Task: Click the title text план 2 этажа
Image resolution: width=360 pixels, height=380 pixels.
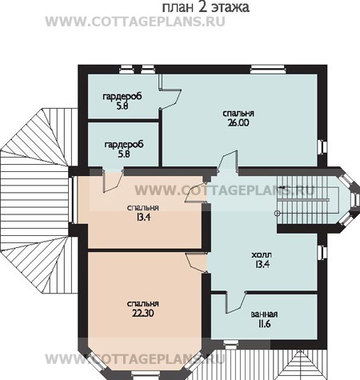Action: pyautogui.click(x=206, y=7)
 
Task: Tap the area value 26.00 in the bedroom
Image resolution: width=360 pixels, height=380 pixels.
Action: pyautogui.click(x=238, y=122)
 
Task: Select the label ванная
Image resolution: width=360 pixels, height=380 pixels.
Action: pyautogui.click(x=264, y=314)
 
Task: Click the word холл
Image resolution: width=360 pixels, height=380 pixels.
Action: pyautogui.click(x=262, y=255)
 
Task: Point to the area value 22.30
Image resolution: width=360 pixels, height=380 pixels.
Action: pyautogui.click(x=143, y=314)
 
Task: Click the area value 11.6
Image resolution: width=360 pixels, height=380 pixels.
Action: pyautogui.click(x=264, y=324)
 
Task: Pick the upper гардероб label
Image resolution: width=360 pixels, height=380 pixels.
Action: pyautogui.click(x=122, y=97)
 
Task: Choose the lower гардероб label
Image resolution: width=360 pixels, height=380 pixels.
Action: pyautogui.click(x=124, y=145)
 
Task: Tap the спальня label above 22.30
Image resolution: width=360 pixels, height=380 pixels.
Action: pyautogui.click(x=143, y=304)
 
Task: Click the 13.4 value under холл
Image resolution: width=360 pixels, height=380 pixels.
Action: pyautogui.click(x=262, y=264)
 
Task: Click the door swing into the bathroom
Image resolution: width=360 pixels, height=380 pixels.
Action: pyautogui.click(x=236, y=302)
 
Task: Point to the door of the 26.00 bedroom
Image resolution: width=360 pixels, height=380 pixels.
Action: pyautogui.click(x=227, y=161)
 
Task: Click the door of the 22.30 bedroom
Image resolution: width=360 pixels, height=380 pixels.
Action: pyautogui.click(x=196, y=263)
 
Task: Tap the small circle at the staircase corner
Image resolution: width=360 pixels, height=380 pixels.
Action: pyautogui.click(x=278, y=213)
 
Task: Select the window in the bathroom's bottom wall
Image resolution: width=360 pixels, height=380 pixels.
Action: pyautogui.click(x=231, y=344)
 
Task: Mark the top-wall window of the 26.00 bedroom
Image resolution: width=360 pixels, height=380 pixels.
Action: pyautogui.click(x=268, y=70)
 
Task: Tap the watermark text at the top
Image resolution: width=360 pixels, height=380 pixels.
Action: pyautogui.click(x=135, y=22)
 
